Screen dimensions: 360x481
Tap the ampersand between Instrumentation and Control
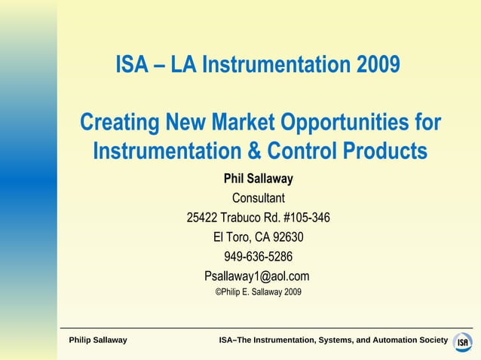(253, 151)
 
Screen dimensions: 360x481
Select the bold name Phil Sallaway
(258, 179)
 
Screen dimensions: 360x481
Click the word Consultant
(258, 199)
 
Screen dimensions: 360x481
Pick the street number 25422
(202, 218)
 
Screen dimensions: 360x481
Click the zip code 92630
(287, 237)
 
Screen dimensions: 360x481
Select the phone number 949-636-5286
(258, 256)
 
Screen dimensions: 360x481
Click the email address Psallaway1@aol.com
(257, 276)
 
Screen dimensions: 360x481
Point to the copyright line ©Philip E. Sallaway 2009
(258, 292)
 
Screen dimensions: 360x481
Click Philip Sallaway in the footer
(98, 340)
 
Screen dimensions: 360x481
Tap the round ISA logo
(463, 341)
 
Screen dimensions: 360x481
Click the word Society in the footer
(433, 340)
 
